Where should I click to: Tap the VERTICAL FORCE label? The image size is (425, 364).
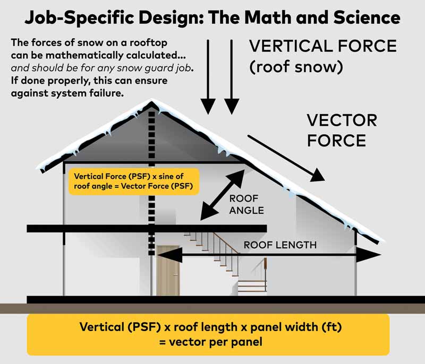(x=323, y=46)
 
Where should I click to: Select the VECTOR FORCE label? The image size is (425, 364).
(x=342, y=131)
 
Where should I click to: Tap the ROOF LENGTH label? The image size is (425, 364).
(x=280, y=245)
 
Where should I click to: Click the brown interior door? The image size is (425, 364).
(x=168, y=270)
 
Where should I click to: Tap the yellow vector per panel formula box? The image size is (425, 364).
(x=208, y=334)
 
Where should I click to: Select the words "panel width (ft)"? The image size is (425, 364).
(x=289, y=327)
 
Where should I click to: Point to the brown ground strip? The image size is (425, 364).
(x=212, y=308)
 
